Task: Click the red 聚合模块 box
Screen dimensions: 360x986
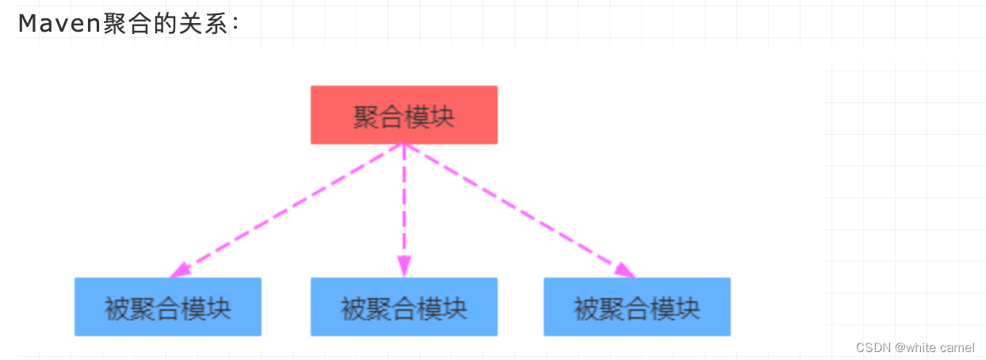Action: tap(403, 115)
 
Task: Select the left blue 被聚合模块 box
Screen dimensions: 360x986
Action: tap(167, 307)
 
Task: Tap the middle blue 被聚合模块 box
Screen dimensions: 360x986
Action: tap(403, 307)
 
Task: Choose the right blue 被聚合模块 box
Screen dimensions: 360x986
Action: tap(636, 307)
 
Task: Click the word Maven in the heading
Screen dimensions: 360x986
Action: tap(59, 24)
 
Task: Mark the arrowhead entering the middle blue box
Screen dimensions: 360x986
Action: tap(403, 268)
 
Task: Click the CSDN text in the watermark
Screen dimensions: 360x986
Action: tap(873, 347)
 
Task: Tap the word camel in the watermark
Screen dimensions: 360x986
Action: tap(957, 347)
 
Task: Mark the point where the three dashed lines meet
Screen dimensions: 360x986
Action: tap(403, 144)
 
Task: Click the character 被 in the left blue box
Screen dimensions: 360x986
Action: tap(117, 307)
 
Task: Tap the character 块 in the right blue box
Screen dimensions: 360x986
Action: tap(687, 307)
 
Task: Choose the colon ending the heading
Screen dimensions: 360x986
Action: tap(235, 25)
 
